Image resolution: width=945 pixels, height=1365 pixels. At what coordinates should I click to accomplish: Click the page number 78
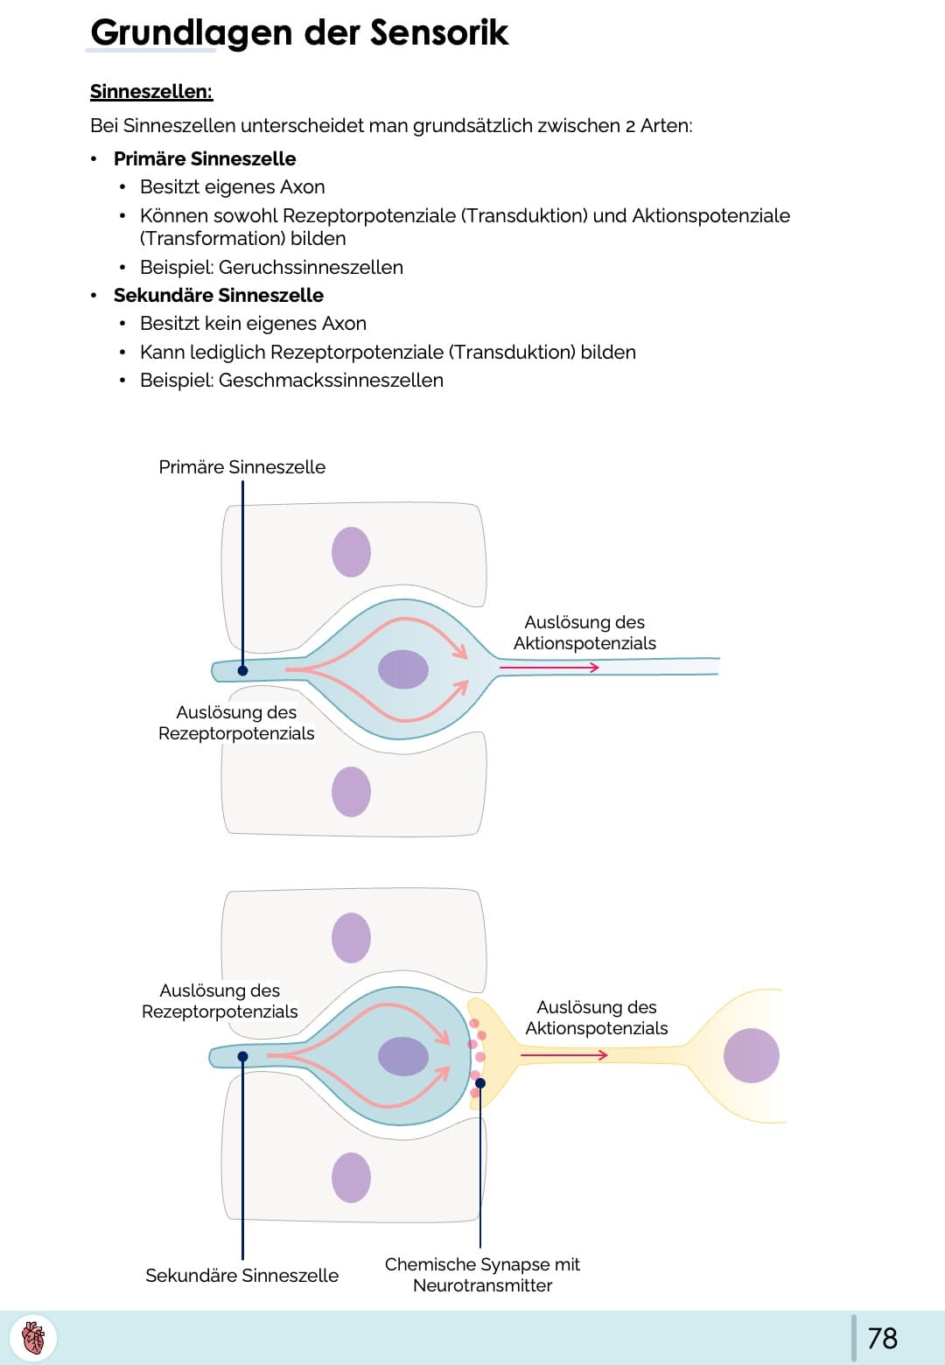(x=882, y=1338)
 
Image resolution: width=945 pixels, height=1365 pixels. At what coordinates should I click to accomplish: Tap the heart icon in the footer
(x=33, y=1338)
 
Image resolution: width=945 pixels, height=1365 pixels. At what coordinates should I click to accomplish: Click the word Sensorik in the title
(x=439, y=32)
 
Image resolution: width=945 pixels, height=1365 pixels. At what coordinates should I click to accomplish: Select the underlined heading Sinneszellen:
(x=151, y=92)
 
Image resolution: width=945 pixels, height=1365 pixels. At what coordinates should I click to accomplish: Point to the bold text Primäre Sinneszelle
(x=205, y=158)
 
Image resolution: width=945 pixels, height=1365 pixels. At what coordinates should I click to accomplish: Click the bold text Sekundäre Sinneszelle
(x=219, y=295)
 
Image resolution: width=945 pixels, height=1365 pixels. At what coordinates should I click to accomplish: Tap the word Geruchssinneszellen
(x=311, y=267)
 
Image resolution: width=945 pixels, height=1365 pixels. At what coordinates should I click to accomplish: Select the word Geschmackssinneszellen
(x=331, y=380)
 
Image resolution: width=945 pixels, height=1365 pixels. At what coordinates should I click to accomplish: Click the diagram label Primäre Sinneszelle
(x=241, y=467)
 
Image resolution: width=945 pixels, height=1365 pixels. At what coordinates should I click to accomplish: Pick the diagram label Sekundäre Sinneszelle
(x=241, y=1275)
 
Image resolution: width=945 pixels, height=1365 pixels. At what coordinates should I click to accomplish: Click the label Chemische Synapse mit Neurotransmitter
(x=482, y=1275)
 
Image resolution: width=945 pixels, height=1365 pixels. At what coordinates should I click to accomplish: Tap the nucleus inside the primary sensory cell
(x=403, y=669)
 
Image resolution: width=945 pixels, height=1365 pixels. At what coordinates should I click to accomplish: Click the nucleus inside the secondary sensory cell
(x=403, y=1056)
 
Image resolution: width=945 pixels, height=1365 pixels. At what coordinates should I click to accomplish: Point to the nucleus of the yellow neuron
(x=751, y=1055)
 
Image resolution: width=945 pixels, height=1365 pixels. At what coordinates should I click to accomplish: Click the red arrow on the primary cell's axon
(x=549, y=668)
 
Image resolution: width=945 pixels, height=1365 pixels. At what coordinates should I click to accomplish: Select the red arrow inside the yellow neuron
(x=563, y=1055)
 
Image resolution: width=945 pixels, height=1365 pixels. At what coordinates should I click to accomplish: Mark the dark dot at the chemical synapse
(x=480, y=1083)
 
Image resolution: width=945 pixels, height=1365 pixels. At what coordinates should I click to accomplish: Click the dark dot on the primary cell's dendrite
(x=243, y=670)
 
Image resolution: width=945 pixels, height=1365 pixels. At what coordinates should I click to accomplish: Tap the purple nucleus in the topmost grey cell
(x=351, y=552)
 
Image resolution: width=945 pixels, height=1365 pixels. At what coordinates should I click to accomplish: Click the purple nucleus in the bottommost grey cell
(x=351, y=1177)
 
